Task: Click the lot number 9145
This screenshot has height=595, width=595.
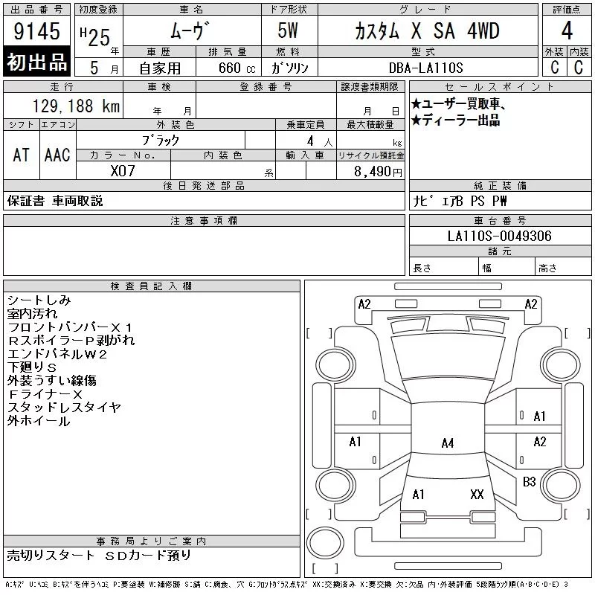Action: [x=36, y=31]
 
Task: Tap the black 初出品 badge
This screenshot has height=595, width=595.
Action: [x=36, y=62]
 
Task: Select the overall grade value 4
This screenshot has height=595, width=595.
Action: [x=567, y=30]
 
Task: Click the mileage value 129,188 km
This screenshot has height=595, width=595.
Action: [x=76, y=106]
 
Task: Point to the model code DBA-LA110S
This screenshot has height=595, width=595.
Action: [x=425, y=68]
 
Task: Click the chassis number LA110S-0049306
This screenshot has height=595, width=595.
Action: [x=499, y=236]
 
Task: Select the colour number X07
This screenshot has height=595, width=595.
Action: [x=123, y=171]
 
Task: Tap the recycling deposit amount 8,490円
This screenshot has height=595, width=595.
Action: [x=378, y=172]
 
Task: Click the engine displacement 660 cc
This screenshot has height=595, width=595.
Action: [x=237, y=68]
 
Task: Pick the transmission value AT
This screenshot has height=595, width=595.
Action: [x=22, y=155]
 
